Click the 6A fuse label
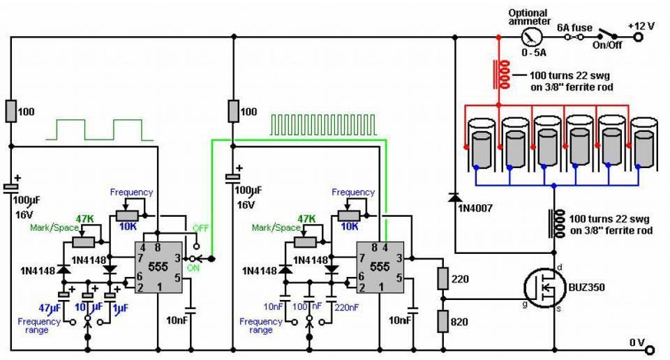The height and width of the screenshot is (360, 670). [574, 27]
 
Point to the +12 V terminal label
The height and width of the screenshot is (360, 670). [641, 26]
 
